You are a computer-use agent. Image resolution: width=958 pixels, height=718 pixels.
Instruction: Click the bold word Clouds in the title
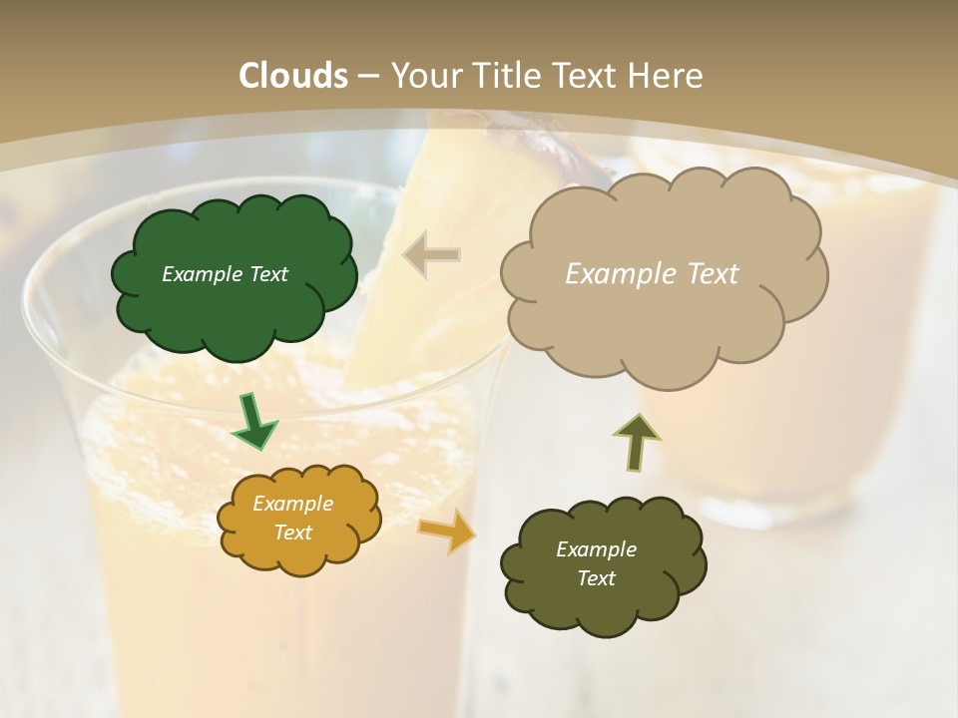[x=293, y=76]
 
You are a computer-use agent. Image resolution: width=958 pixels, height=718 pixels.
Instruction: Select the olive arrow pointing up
[x=637, y=441]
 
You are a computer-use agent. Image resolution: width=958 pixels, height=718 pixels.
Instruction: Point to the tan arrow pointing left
[x=432, y=254]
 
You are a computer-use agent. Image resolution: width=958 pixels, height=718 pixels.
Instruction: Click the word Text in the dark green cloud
[x=266, y=274]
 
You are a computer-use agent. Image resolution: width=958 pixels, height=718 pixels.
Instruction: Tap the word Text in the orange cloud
[x=293, y=533]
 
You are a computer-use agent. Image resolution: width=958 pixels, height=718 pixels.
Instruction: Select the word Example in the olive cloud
[x=596, y=549]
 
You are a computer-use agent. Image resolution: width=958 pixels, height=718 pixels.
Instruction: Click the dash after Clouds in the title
[x=367, y=76]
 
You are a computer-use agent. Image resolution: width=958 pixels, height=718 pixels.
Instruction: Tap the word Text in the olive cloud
[x=596, y=578]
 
